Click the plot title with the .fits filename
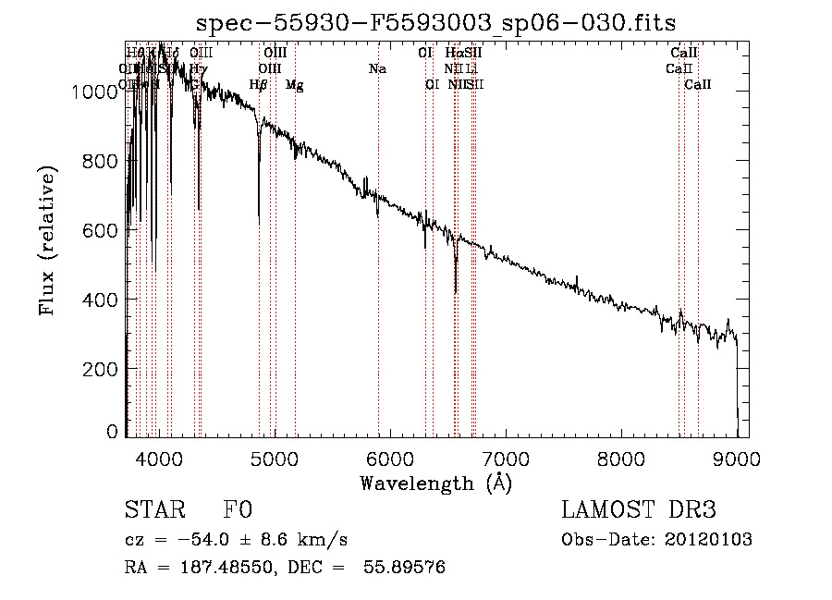pos(436,23)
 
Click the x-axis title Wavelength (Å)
pos(435,483)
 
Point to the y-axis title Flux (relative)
pos(46,240)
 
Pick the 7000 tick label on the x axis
pos(505,457)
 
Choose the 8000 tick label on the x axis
pos(620,457)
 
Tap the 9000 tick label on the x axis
pos(736,457)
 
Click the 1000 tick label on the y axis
pos(96,92)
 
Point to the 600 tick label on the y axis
pos(103,230)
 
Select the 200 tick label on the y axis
pos(103,369)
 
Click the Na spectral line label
pos(377,68)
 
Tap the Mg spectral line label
pos(294,85)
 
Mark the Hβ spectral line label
pos(259,85)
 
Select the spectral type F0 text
pos(238,510)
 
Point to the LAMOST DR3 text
pos(639,510)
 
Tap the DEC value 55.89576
pos(405,568)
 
